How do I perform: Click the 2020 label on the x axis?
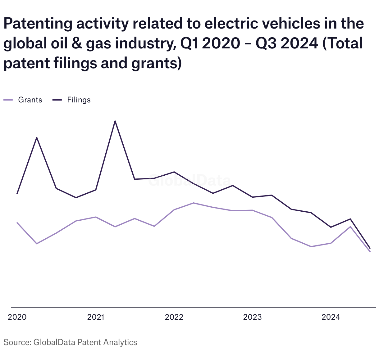(17, 317)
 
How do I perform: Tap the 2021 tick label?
(96, 317)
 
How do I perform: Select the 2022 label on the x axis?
(174, 317)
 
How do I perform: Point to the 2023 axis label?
(252, 317)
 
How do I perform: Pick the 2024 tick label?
(331, 317)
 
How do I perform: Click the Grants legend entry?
(23, 100)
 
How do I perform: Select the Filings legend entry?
(71, 100)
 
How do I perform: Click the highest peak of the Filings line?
(115, 121)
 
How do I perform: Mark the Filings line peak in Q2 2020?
(37, 137)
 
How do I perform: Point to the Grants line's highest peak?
(194, 203)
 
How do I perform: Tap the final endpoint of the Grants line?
(370, 252)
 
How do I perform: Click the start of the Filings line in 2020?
(17, 194)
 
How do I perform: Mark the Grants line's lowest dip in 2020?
(37, 244)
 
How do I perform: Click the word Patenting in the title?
(38, 24)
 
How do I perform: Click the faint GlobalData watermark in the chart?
(189, 180)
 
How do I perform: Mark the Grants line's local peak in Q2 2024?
(350, 227)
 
